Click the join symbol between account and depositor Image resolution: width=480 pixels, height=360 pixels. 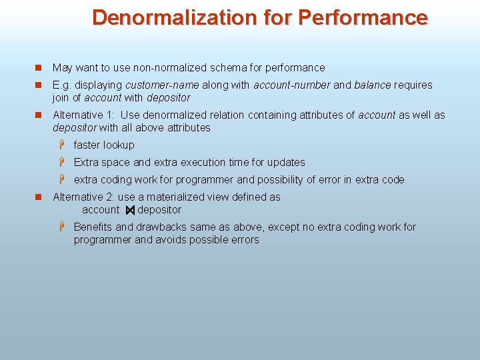coord(130,210)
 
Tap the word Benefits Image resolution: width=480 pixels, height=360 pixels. coord(93,227)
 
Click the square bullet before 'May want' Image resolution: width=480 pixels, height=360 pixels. coord(39,67)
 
